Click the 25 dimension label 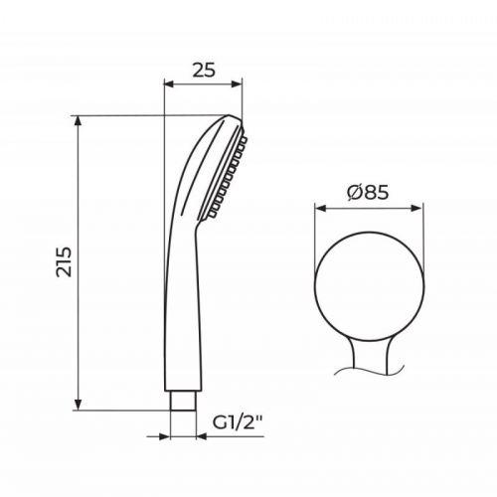tap(204, 71)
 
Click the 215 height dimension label tap(64, 261)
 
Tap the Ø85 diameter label tap(368, 192)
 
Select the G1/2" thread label tap(237, 422)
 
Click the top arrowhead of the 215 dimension tap(78, 121)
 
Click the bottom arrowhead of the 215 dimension tap(78, 405)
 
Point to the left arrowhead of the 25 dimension tap(169, 84)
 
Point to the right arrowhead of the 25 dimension tap(237, 84)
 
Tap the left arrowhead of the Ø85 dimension tap(320, 208)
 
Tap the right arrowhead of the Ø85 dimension tap(417, 208)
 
